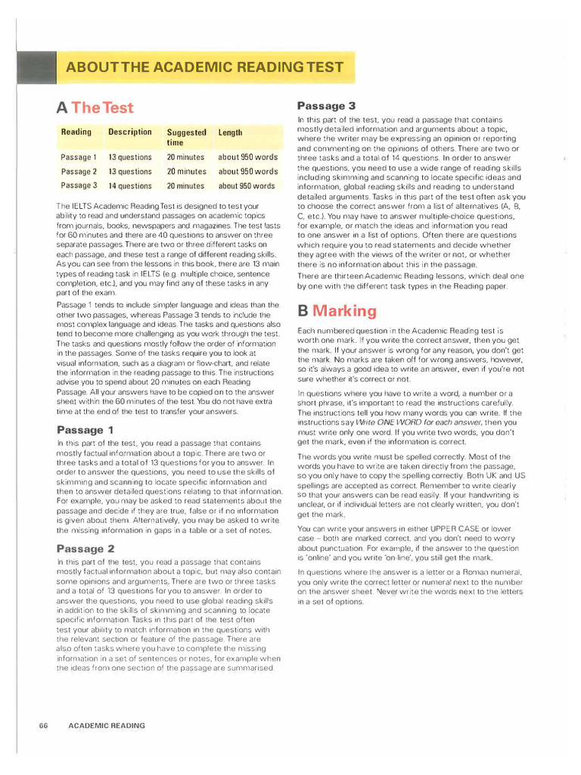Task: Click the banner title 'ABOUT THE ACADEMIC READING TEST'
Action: [x=204, y=67]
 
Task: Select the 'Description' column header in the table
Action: [x=129, y=132]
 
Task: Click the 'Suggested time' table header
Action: [x=186, y=137]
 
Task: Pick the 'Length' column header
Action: [x=230, y=132]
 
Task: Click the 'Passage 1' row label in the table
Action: [x=79, y=157]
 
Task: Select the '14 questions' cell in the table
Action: [x=129, y=185]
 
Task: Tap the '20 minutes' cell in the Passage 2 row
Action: [x=185, y=172]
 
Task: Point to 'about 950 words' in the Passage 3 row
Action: [x=247, y=185]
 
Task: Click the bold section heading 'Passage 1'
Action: [x=85, y=430]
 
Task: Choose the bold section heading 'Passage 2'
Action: [x=85, y=549]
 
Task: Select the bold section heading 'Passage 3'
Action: [x=326, y=106]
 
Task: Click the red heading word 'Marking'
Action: [x=344, y=311]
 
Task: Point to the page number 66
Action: [x=44, y=725]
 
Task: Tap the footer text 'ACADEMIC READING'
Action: [x=106, y=725]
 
